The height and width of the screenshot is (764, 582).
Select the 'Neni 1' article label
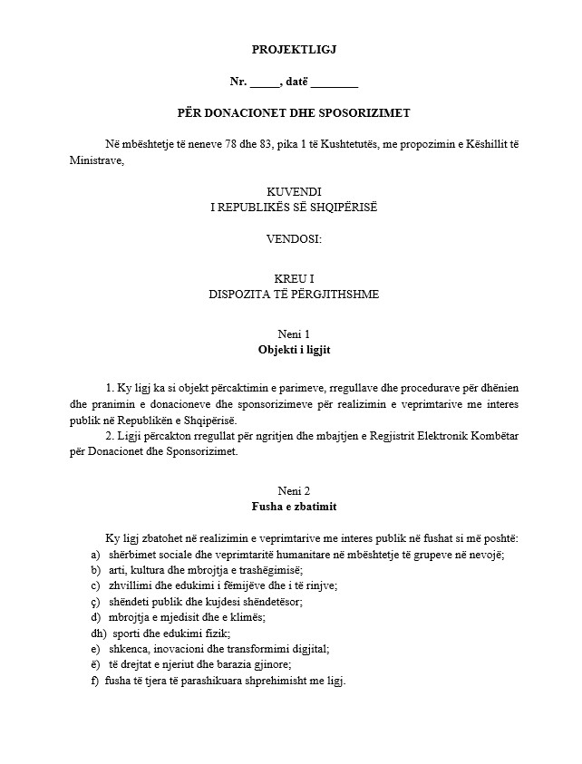[294, 334]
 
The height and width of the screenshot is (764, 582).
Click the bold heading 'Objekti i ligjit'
[294, 349]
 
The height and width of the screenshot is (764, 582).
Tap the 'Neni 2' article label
[294, 490]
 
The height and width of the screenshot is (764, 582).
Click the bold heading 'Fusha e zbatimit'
[294, 506]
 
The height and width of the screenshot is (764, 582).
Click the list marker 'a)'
[95, 554]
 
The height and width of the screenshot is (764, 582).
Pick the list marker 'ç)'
[95, 601]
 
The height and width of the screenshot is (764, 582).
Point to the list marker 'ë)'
[95, 664]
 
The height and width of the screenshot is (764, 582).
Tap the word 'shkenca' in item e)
[129, 648]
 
